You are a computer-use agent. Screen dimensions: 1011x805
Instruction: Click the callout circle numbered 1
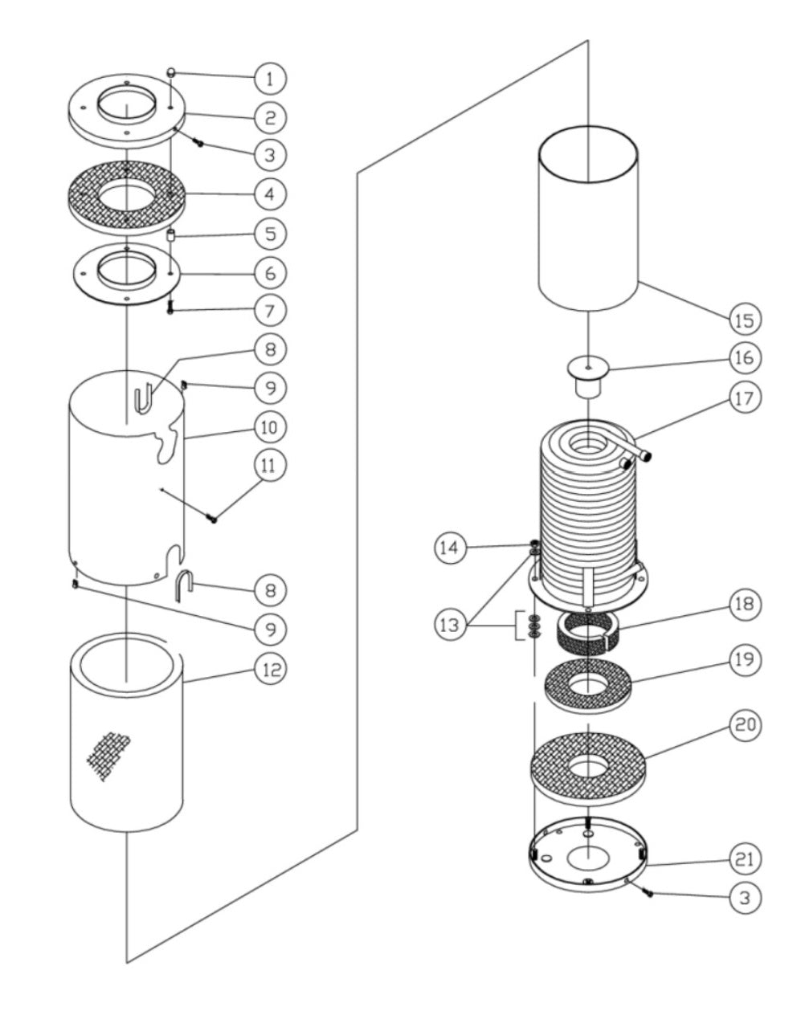click(270, 78)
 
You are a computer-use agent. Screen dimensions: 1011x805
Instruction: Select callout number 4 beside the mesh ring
click(270, 194)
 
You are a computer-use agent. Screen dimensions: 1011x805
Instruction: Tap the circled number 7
click(270, 309)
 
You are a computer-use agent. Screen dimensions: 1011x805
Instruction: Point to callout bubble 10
click(270, 426)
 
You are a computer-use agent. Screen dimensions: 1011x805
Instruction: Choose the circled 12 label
click(270, 669)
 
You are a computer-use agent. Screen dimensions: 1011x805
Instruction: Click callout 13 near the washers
click(450, 625)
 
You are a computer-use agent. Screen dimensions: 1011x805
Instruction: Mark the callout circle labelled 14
click(450, 549)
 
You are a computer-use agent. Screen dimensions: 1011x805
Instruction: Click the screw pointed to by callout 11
click(213, 519)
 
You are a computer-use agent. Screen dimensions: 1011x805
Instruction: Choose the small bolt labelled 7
click(170, 307)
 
